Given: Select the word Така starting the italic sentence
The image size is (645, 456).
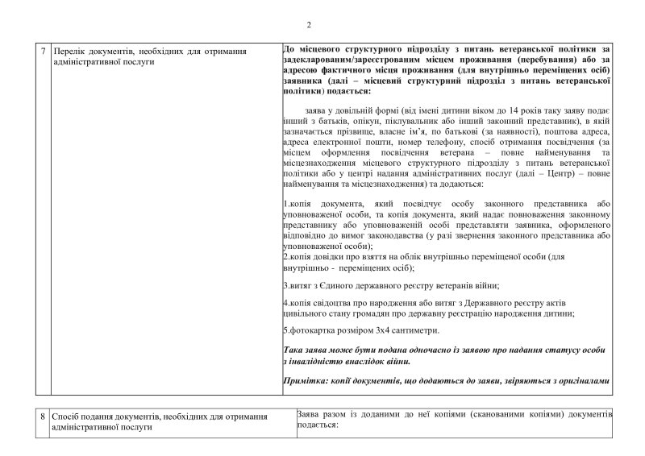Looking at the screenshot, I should click(x=295, y=351).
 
